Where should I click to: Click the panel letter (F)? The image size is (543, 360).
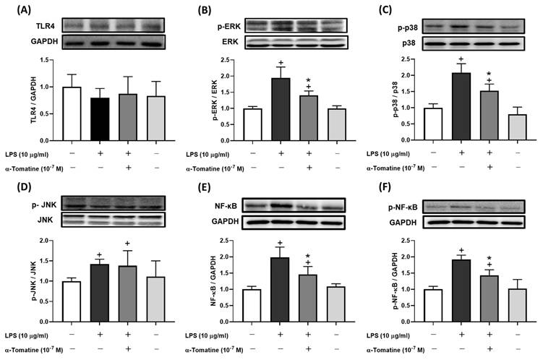(390, 194)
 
